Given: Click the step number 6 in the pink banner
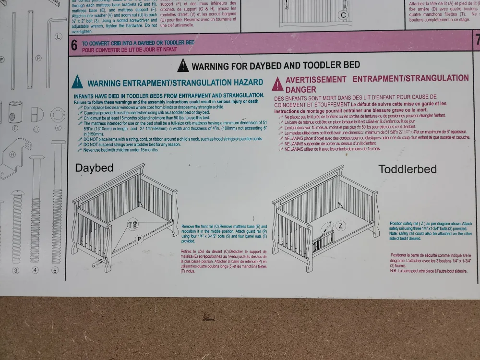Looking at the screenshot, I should click(74, 46).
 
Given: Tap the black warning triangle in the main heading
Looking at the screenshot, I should click(183, 65).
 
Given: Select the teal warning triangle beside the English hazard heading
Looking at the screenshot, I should click(77, 83).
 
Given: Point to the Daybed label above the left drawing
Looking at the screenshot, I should click(94, 168).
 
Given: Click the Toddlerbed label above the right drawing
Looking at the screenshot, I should click(408, 169).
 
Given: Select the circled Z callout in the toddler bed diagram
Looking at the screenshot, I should click(340, 226).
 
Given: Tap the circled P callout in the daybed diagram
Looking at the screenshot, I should click(139, 239).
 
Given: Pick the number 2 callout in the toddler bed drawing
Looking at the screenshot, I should click(330, 224).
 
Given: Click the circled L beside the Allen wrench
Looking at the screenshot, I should click(59, 36).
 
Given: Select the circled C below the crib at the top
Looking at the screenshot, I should click(343, 15).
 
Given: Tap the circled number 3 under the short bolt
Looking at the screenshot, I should click(15, 270).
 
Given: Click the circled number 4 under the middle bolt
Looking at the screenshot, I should click(35, 270).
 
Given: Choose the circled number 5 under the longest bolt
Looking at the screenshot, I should click(55, 270).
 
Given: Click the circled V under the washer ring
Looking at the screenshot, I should click(59, 128).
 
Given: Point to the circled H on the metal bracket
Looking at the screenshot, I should click(12, 154).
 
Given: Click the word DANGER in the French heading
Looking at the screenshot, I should click(300, 90).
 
